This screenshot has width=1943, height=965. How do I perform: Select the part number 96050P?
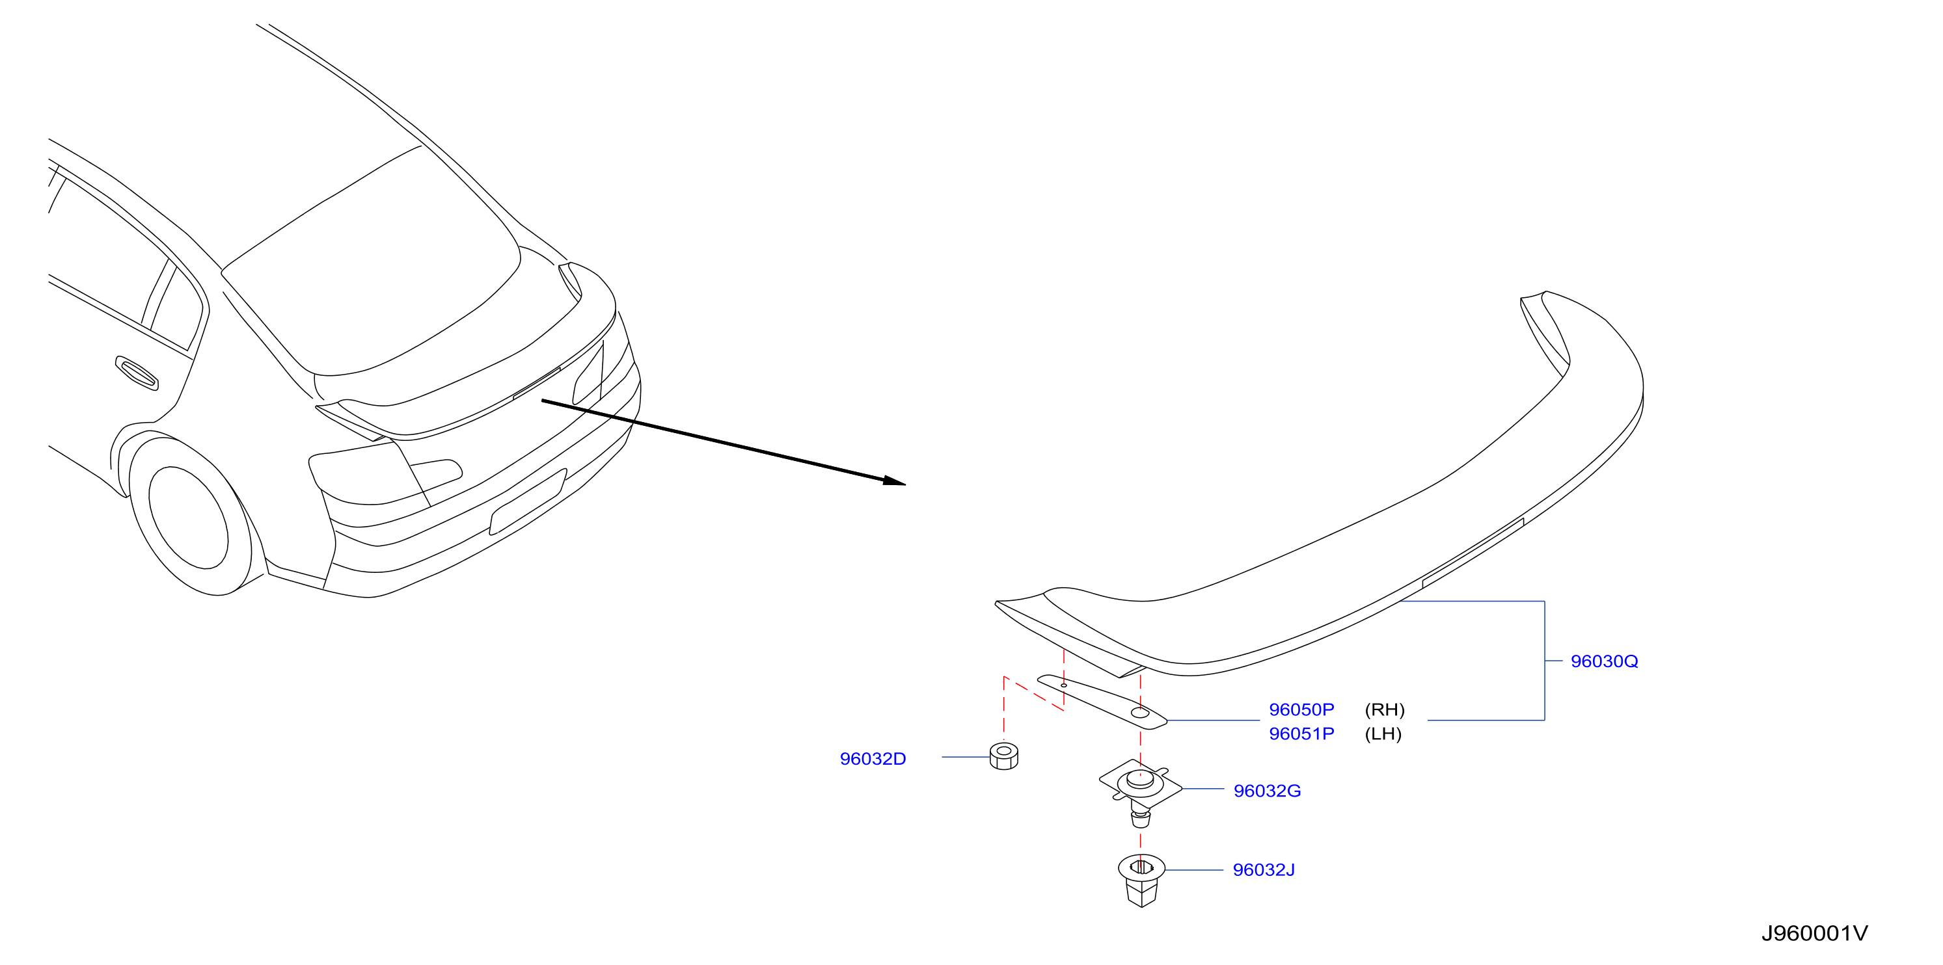1301,709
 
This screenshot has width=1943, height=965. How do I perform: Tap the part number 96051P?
1301,734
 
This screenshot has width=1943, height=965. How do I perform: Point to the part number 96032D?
873,758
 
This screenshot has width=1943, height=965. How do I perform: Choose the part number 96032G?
1267,791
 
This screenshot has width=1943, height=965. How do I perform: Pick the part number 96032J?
1264,870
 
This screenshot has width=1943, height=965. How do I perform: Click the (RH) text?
1385,709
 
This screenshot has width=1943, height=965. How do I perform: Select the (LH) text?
1383,734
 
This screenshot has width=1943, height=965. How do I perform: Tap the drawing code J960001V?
1815,933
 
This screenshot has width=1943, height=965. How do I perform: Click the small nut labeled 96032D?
1004,756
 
